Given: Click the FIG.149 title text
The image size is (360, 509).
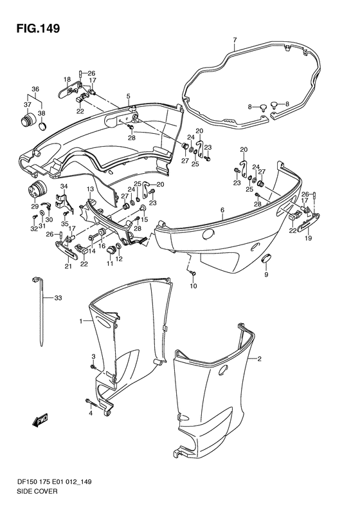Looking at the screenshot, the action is tap(39, 28).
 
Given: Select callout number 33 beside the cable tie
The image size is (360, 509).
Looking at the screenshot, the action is tap(58, 298).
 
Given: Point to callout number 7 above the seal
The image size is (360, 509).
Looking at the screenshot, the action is tap(235, 40).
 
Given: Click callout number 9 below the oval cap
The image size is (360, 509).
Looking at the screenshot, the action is tap(266, 275).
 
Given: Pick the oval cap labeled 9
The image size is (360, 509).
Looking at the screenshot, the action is tap(267, 259).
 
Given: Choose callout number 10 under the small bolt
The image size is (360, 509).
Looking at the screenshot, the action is tap(194, 286).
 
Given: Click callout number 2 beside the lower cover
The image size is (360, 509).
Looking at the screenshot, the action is tap(259, 358).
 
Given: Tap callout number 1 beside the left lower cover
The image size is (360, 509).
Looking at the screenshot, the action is tap(81, 321).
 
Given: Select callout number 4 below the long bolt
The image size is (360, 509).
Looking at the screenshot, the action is tap(91, 413).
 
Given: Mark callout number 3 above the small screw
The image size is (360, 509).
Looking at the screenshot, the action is tap(93, 356).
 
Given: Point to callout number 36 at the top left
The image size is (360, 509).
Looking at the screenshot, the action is tap(35, 89).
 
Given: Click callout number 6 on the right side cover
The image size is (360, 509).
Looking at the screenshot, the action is tap(222, 210).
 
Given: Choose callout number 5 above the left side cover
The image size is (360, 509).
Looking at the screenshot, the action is tap(128, 96).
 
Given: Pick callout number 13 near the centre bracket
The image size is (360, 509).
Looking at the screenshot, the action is tap(90, 189).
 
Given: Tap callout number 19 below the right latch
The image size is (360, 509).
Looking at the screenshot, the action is tap(308, 238).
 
